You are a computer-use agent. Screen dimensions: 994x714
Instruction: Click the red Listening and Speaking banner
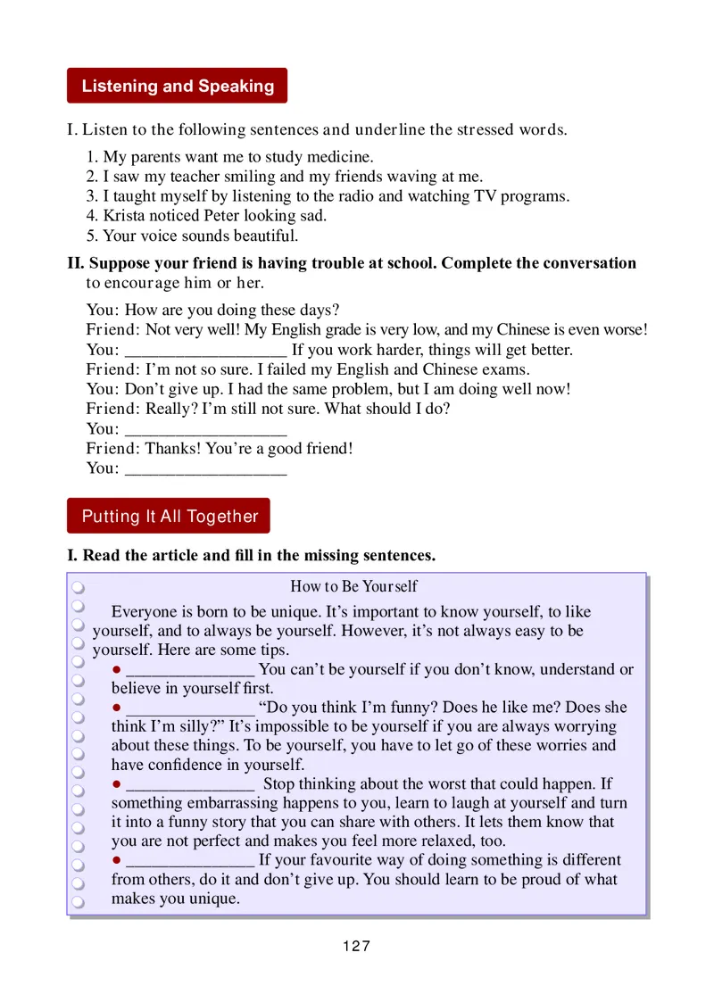point(177,87)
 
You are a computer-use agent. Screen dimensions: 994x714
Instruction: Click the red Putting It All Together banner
point(169,517)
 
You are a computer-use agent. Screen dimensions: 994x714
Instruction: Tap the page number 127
point(356,947)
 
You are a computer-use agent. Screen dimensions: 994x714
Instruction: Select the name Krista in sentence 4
point(125,217)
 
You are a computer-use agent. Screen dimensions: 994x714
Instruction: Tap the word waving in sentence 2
point(407,178)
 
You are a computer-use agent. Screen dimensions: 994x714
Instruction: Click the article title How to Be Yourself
point(353,587)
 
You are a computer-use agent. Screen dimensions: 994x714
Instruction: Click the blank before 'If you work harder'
point(204,351)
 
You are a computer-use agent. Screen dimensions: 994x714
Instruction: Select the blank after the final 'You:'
point(204,469)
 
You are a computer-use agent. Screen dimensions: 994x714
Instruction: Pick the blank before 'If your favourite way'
point(190,861)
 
